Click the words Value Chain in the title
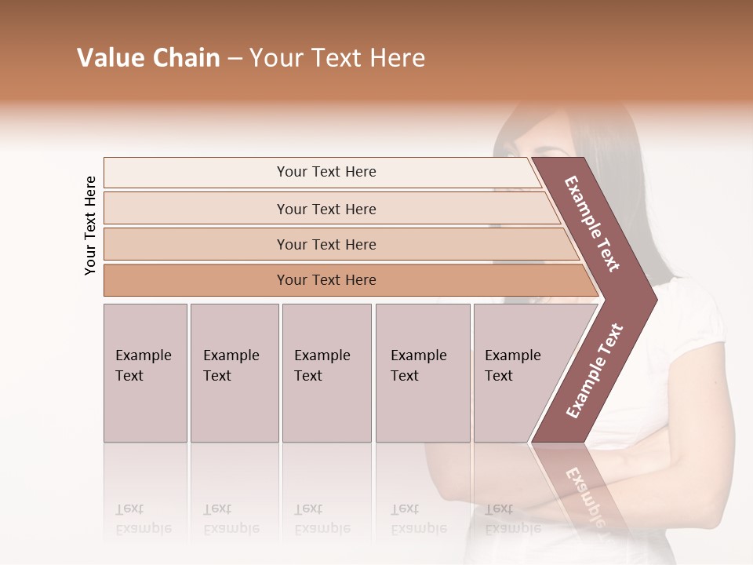tap(148, 58)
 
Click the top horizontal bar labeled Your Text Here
tap(326, 172)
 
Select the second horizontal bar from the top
tap(326, 209)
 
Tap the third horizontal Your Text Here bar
tap(326, 244)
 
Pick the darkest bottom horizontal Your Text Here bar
tap(326, 280)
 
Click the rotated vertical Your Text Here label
tap(91, 225)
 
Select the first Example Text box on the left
tap(145, 373)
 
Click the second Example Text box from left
tap(234, 373)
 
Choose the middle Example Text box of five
tap(326, 373)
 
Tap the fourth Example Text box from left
tap(422, 373)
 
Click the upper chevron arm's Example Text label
tap(593, 224)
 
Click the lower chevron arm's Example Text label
tap(595, 370)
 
